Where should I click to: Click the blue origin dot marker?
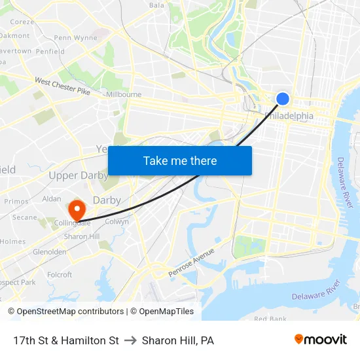click(x=283, y=98)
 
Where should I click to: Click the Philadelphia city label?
click(x=289, y=116)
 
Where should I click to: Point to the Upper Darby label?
click(x=79, y=175)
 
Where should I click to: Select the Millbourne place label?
click(x=123, y=94)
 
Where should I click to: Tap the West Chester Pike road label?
click(x=62, y=86)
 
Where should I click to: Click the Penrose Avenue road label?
click(x=191, y=262)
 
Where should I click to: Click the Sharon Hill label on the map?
click(x=82, y=236)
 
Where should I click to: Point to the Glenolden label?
click(x=50, y=251)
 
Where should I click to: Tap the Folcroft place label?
click(x=60, y=275)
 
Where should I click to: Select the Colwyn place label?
click(x=117, y=222)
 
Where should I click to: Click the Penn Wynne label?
click(x=75, y=38)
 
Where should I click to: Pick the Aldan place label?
click(x=51, y=198)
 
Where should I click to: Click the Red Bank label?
click(x=270, y=319)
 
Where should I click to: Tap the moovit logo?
click(x=321, y=339)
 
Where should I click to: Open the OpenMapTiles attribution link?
click(x=162, y=312)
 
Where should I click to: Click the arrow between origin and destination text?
click(x=130, y=340)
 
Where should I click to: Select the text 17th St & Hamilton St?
click(x=65, y=340)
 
